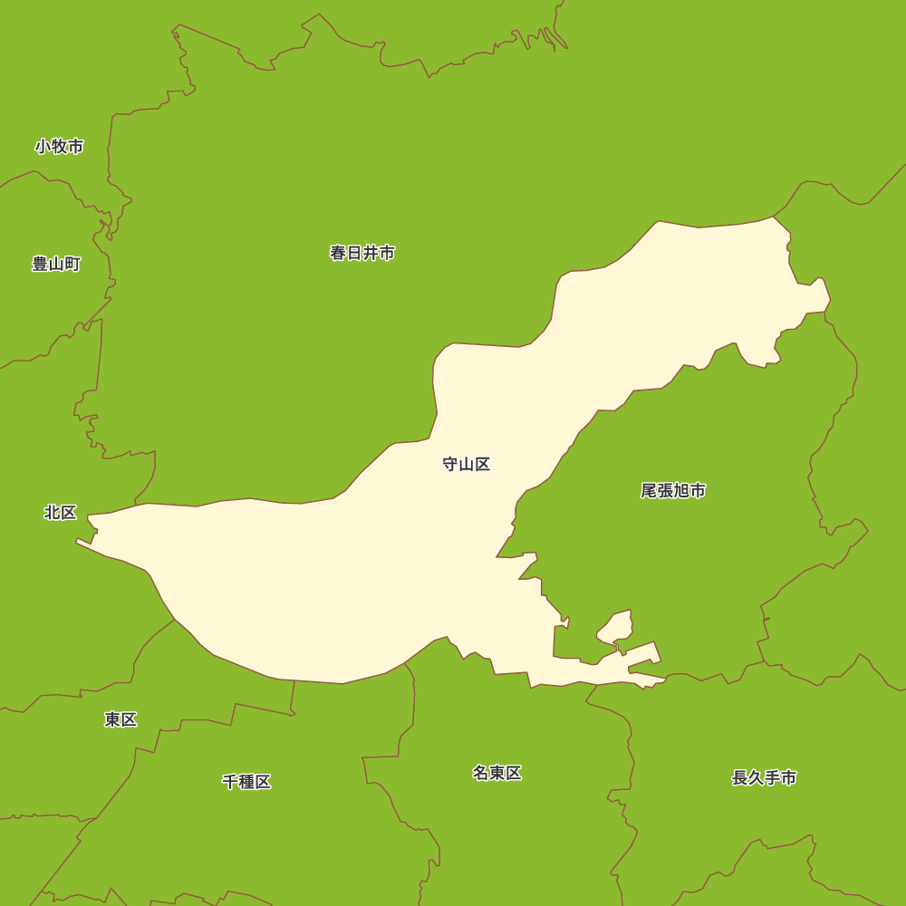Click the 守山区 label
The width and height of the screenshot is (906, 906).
pos(467,465)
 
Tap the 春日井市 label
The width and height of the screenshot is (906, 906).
pos(362,253)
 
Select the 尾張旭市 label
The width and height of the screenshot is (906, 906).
pos(673,491)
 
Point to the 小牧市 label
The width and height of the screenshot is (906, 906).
pos(60,146)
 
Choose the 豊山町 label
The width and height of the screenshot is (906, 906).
pos(56,265)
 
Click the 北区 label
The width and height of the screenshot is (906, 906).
pos(61,513)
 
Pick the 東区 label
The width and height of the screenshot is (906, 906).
pos(120,719)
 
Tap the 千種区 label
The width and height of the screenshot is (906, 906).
pos(246,782)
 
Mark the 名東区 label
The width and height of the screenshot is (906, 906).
pos(496,773)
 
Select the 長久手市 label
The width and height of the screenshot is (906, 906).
pos(765,777)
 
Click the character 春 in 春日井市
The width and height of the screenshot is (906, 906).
pos(338,253)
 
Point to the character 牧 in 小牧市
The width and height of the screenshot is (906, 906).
pos(60,146)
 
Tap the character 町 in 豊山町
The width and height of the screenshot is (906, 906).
pos(72,265)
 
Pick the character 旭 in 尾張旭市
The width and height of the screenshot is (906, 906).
pos(681,491)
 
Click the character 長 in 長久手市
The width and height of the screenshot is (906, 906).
pos(740,777)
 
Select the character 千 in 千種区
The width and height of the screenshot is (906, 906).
pos(230,782)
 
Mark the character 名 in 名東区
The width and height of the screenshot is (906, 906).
pos(480,773)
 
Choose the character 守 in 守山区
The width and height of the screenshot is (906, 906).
pos(450,465)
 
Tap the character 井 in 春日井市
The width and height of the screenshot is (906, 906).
pos(371,253)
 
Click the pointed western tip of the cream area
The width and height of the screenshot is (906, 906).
pos(77,542)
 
